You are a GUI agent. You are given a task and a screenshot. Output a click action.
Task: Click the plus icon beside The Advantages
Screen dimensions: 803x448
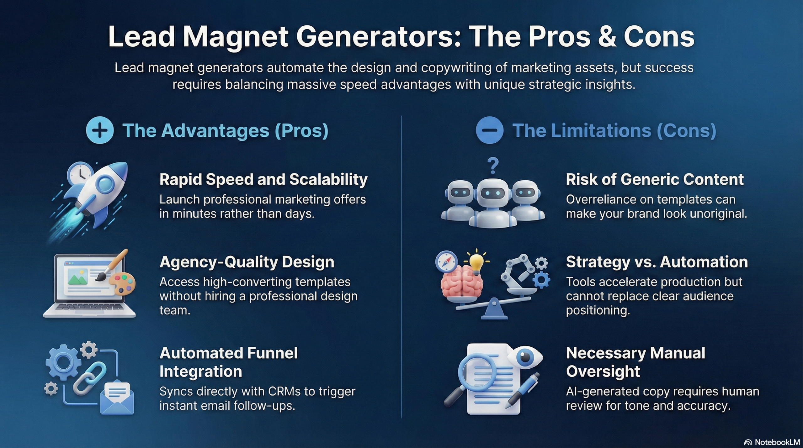(100, 130)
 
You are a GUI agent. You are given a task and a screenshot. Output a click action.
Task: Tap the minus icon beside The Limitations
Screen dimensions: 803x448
(489, 130)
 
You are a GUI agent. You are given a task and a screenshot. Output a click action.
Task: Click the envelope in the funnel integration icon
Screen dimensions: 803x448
(117, 398)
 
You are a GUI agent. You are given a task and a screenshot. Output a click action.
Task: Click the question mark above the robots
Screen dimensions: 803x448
(493, 166)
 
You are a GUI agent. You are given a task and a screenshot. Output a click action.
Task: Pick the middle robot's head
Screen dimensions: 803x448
(493, 193)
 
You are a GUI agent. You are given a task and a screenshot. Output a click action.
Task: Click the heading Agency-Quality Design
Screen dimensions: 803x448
(247, 262)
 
